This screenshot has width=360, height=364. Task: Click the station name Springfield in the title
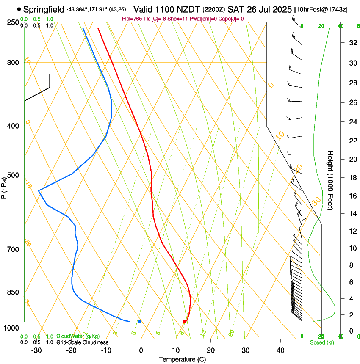(44, 9)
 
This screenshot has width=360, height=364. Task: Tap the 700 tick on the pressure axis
(13, 249)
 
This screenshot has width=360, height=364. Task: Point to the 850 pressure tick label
(13, 292)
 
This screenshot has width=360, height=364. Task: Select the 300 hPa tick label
(13, 63)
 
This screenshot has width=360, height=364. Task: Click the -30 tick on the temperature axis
(36, 350)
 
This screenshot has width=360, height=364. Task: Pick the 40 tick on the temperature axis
(280, 350)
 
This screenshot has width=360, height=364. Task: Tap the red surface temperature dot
(184, 322)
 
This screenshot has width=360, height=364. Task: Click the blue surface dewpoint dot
(140, 322)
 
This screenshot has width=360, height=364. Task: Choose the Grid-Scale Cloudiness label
(82, 342)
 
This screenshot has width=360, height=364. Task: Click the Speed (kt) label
(321, 342)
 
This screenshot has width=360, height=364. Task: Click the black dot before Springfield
(19, 9)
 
